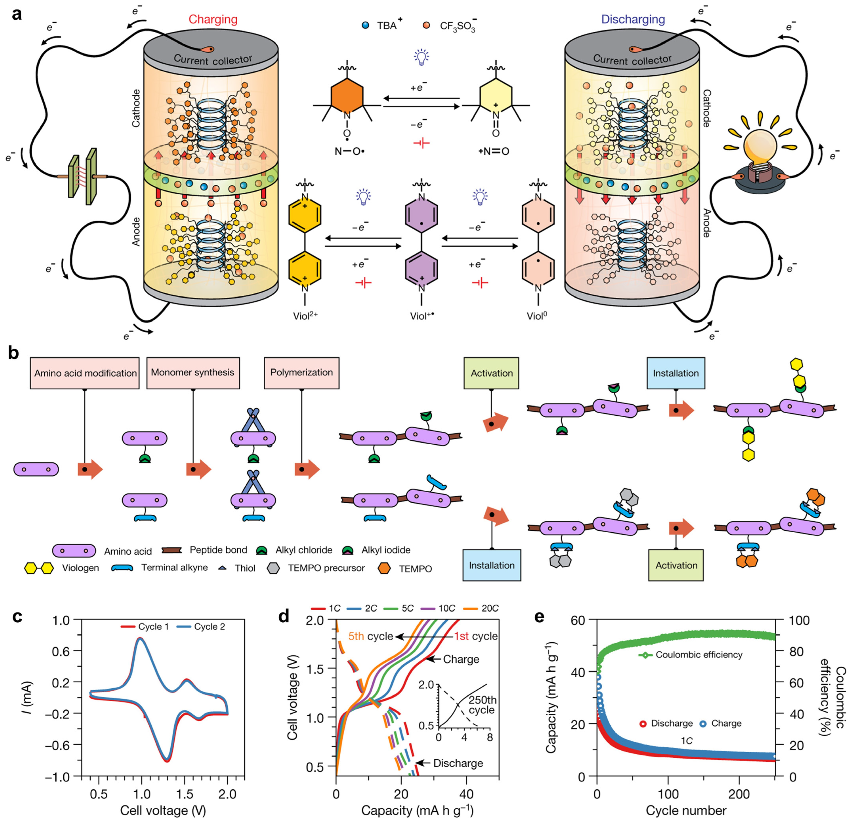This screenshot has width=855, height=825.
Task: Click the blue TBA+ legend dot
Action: click(366, 25)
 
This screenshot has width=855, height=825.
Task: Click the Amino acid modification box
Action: click(85, 373)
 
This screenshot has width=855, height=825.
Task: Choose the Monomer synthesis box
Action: click(193, 372)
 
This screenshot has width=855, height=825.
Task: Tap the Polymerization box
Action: click(301, 372)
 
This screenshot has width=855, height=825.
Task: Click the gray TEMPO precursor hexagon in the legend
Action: click(273, 568)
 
